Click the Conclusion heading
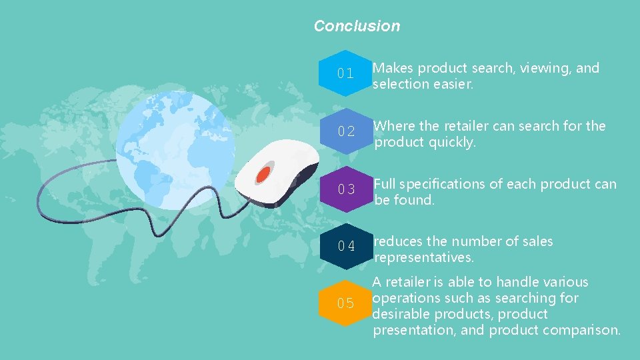[x=357, y=26]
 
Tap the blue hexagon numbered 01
[x=345, y=73]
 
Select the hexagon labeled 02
[x=345, y=131]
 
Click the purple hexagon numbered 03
[x=345, y=189]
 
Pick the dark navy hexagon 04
[x=345, y=247]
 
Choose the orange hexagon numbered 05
[x=345, y=303]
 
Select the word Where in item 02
[x=395, y=126]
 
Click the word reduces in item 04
[x=398, y=241]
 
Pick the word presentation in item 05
[x=417, y=330]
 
